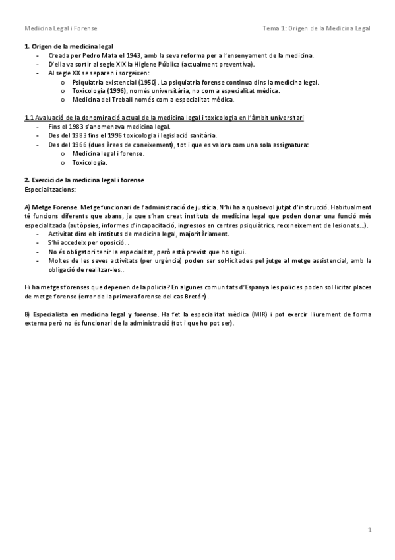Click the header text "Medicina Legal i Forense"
tap(60, 28)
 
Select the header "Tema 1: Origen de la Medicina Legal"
tap(316, 28)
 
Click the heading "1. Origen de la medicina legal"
tap(68, 47)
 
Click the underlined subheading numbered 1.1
tap(164, 118)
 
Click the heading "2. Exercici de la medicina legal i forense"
tap(84, 180)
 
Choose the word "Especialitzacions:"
tap(49, 188)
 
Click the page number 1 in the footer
tap(370, 530)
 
